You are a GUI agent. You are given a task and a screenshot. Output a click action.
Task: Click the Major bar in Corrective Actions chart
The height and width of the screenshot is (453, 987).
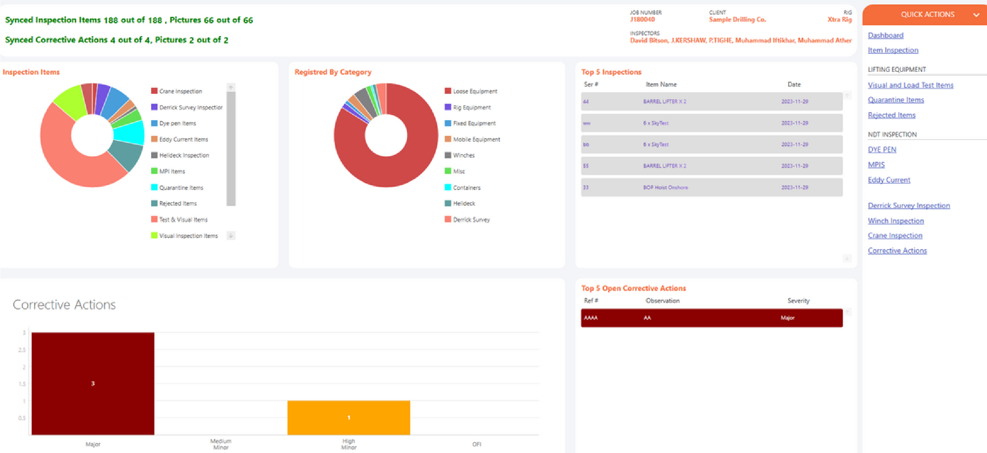pos(93,383)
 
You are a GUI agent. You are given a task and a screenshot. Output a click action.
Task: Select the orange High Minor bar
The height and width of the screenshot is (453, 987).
pos(349,417)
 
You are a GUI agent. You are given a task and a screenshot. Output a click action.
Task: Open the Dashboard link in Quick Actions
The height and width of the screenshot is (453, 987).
pos(885,35)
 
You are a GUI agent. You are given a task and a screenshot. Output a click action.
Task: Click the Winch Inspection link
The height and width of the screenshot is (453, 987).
pos(896,221)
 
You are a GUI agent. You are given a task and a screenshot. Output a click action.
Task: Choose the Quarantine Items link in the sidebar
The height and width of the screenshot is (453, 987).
pos(896,100)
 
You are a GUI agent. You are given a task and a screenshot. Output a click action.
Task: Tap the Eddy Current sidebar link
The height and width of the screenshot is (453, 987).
pos(889,180)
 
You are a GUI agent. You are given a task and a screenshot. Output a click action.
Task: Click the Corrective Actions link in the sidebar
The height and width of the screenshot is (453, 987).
pos(897,250)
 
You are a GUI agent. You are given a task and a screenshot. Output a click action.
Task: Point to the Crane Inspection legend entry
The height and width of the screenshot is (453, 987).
pos(180,91)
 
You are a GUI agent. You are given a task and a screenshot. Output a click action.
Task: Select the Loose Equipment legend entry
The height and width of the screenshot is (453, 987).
pos(475,91)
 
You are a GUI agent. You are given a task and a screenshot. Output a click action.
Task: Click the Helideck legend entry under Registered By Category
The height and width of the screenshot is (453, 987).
pos(464,203)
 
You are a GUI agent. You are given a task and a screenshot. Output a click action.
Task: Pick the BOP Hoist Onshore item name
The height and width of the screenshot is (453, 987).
pos(665,187)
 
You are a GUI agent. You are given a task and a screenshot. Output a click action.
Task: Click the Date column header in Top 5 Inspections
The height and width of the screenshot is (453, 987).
pos(794,84)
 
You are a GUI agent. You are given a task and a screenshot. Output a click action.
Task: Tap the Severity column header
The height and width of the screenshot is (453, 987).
pos(799,300)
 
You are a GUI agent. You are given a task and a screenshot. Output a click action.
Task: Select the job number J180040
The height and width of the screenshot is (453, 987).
pos(642,19)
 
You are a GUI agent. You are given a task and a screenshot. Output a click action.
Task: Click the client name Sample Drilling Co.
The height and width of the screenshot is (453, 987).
pos(737,19)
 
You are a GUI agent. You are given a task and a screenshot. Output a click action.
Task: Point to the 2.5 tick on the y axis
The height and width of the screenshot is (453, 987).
pos(22,349)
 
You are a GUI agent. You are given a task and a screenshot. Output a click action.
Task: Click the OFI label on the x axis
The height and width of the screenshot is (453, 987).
pos(477,444)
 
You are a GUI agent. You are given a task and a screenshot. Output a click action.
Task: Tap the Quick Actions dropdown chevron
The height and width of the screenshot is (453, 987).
pos(976,15)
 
